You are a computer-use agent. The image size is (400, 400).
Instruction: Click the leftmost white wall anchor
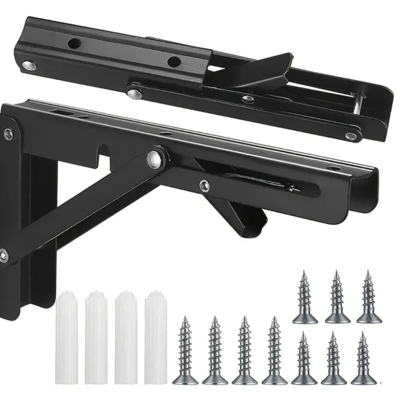(67, 337)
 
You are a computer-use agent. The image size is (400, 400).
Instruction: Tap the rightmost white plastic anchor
(157, 337)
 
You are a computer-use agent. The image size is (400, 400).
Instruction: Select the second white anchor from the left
(97, 337)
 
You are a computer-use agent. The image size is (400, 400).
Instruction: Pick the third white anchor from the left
(126, 337)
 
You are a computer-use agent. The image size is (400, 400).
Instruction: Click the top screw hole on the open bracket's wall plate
(8, 134)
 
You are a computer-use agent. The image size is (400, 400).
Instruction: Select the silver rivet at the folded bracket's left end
(28, 66)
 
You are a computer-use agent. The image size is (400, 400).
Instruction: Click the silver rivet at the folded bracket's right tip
(351, 136)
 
